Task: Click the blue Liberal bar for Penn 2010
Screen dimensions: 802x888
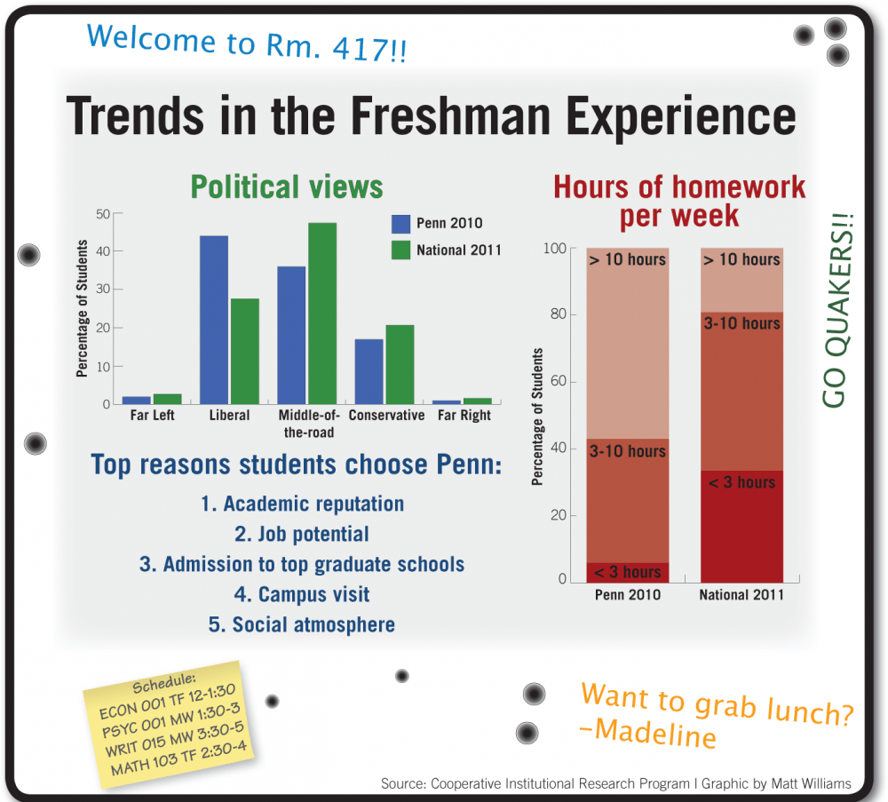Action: click(214, 320)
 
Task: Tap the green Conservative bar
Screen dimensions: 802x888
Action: click(400, 364)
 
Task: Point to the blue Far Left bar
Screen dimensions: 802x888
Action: click(136, 400)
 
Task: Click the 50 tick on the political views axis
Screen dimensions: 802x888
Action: click(104, 214)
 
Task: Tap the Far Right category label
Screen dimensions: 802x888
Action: click(464, 416)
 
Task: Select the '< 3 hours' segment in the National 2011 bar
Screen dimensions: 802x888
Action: click(741, 524)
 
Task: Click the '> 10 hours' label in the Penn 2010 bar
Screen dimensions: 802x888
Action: click(627, 259)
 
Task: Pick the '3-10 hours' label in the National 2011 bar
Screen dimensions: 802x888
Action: click(741, 323)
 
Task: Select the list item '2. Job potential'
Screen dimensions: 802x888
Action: click(302, 534)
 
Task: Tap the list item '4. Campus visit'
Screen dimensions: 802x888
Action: click(302, 594)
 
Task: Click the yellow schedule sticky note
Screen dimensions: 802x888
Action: click(170, 719)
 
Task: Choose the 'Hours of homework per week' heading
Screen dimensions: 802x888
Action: click(679, 201)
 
